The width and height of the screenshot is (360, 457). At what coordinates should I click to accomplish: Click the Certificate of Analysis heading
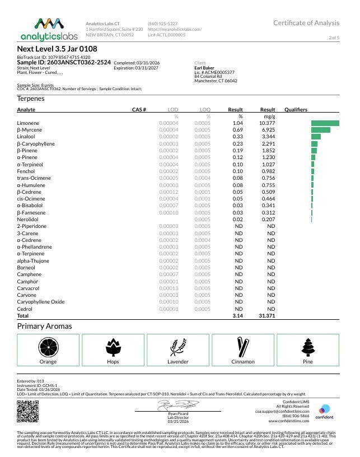click(x=306, y=23)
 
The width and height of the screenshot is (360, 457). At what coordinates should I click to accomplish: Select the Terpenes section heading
click(x=31, y=98)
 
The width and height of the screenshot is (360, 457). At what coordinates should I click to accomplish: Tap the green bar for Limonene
click(x=325, y=123)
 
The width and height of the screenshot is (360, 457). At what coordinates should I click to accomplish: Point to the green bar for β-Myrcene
click(x=321, y=130)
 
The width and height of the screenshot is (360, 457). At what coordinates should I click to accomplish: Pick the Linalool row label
click(x=26, y=137)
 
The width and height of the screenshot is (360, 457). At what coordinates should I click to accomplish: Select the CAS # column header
click(x=139, y=110)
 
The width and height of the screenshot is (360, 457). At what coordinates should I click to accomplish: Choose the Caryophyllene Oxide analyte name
click(x=41, y=302)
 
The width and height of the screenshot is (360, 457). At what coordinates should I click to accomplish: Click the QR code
click(x=28, y=413)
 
